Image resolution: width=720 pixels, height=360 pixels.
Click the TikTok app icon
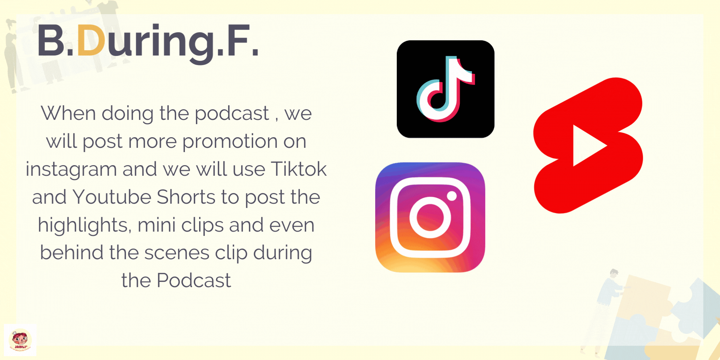[446, 89]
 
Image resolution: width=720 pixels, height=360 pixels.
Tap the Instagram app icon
[430, 217]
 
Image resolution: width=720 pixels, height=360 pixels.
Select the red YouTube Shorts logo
[588, 145]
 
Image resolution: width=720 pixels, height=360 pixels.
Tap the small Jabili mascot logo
[20, 340]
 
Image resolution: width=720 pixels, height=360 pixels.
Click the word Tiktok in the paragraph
[299, 169]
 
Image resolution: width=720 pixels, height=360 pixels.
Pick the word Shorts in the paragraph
[186, 197]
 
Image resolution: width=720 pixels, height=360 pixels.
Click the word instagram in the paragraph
[71, 169]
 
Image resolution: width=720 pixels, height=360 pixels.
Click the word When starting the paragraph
[69, 113]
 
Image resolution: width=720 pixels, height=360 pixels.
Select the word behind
[72, 252]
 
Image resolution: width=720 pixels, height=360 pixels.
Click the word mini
[156, 225]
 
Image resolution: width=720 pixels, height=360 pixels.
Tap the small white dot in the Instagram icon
[452, 196]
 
